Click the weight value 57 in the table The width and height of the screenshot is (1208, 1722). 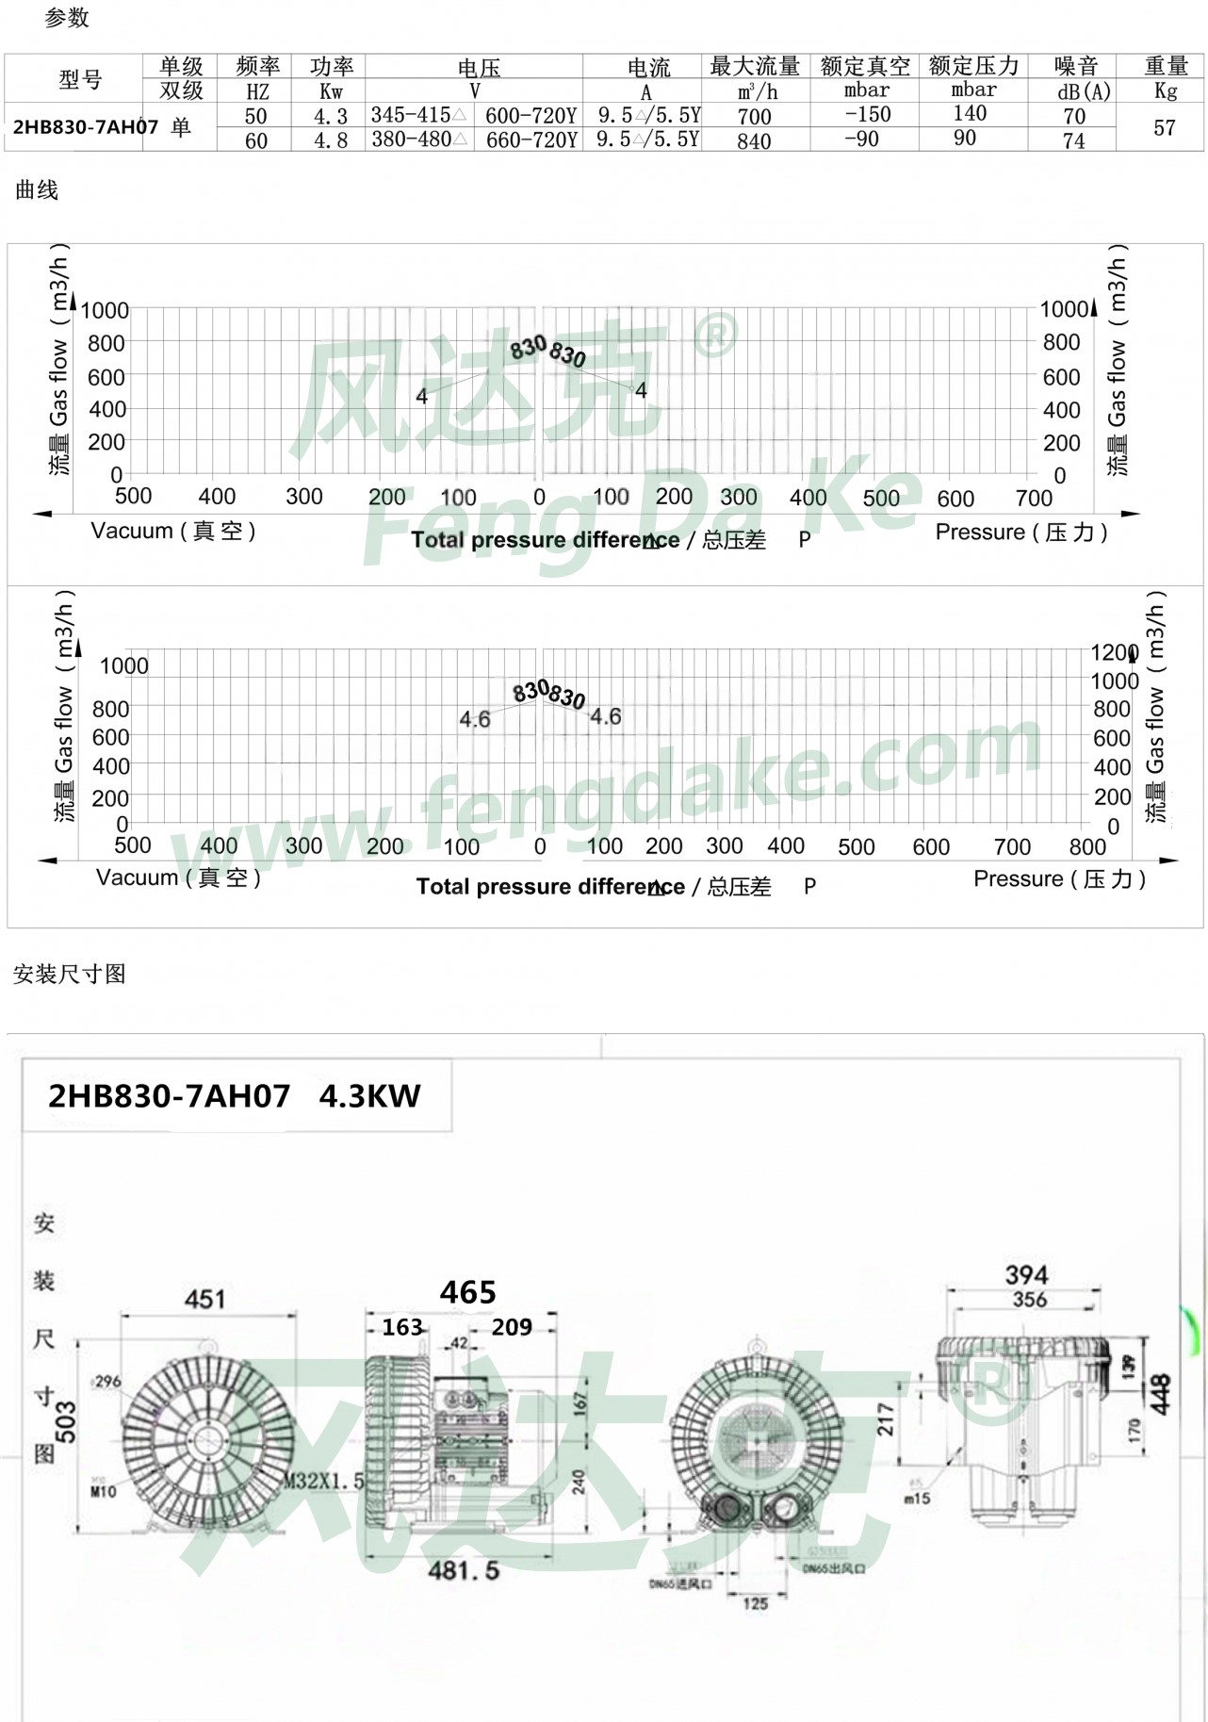click(x=1165, y=127)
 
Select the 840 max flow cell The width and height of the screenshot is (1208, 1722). click(x=754, y=140)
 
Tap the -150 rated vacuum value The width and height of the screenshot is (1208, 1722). click(x=867, y=115)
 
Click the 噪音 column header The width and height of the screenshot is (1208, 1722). click(x=1076, y=66)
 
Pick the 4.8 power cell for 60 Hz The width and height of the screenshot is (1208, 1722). click(x=331, y=140)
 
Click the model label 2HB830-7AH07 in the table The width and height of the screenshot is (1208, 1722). click(x=85, y=127)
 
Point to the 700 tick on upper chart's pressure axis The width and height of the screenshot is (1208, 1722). click(x=1034, y=498)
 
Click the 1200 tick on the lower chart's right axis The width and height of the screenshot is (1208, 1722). click(x=1114, y=652)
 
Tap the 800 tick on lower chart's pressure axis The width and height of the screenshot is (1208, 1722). click(x=1087, y=846)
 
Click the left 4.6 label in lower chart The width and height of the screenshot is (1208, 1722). click(x=475, y=719)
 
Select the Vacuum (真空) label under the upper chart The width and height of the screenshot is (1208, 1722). click(x=173, y=531)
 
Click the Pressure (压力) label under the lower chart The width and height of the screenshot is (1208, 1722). click(x=1059, y=878)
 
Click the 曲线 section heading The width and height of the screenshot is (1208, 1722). click(x=37, y=190)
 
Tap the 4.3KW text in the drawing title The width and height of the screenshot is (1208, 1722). click(x=369, y=1096)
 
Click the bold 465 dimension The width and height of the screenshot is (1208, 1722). click(x=467, y=1292)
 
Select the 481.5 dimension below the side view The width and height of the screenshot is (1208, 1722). click(x=464, y=1570)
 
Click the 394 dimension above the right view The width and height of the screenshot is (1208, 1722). click(x=1026, y=1275)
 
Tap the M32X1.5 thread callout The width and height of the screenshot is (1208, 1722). click(x=324, y=1482)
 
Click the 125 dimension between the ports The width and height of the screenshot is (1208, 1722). click(x=756, y=1602)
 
